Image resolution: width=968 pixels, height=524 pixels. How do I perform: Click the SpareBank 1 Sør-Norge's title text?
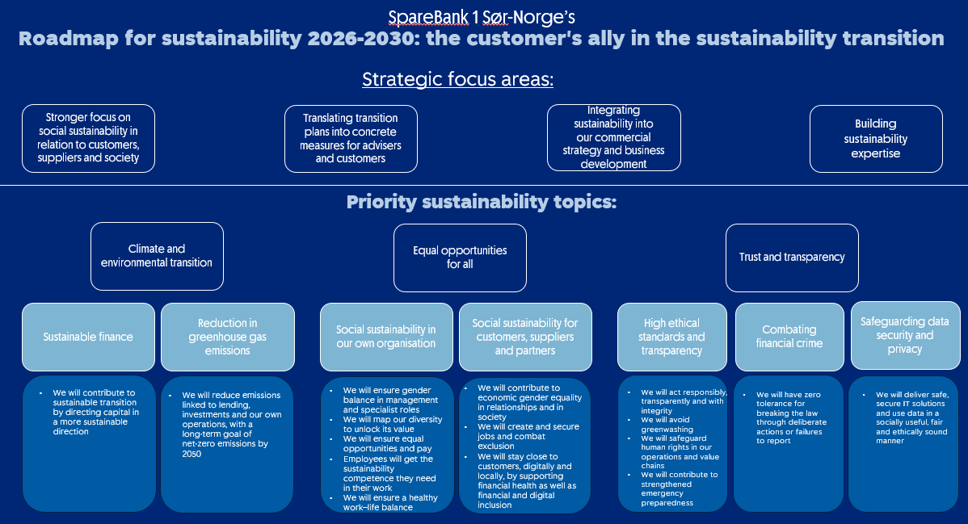pyautogui.click(x=482, y=17)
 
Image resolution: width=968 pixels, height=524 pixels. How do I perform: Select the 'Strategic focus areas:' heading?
pyautogui.click(x=457, y=79)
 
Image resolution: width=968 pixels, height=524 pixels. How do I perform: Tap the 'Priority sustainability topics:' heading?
pyautogui.click(x=481, y=202)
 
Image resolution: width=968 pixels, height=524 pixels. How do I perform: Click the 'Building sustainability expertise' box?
pyautogui.click(x=876, y=138)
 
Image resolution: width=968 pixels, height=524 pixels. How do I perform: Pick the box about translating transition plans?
pyautogui.click(x=351, y=138)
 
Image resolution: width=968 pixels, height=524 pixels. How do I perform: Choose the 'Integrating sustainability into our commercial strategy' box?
pyautogui.click(x=613, y=137)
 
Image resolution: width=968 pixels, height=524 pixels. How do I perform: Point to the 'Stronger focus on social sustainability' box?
pyautogui.click(x=88, y=137)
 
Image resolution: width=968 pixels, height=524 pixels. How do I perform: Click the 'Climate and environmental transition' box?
pyautogui.click(x=157, y=256)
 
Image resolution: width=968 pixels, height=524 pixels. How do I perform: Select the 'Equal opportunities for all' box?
pyautogui.click(x=460, y=257)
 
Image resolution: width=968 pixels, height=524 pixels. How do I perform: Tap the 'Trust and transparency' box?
pyautogui.click(x=792, y=257)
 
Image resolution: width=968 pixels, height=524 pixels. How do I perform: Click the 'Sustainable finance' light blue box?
pyautogui.click(x=88, y=337)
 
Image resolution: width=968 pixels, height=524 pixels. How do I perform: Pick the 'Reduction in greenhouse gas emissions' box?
pyautogui.click(x=227, y=337)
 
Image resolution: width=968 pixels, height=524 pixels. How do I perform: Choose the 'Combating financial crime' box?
pyautogui.click(x=789, y=337)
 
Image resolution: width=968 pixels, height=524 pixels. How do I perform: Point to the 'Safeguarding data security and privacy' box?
pyautogui.click(x=905, y=335)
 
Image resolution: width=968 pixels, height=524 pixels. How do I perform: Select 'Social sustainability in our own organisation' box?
pyautogui.click(x=386, y=337)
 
